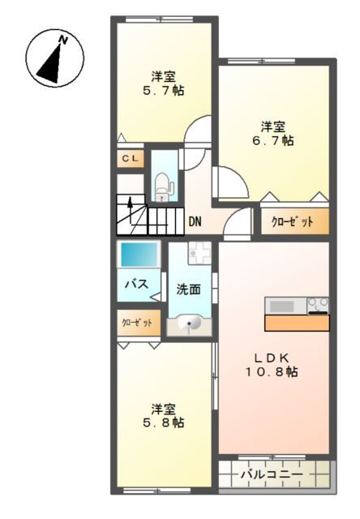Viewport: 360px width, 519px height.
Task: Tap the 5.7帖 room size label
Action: (164, 91)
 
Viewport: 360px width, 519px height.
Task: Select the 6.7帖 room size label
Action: (272, 140)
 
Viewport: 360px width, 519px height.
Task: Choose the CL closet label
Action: (130, 159)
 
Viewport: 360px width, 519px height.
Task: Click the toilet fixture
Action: (163, 186)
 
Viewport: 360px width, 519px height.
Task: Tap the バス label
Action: (135, 284)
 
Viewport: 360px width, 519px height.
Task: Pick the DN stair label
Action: (195, 221)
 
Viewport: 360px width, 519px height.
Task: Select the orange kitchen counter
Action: (297, 323)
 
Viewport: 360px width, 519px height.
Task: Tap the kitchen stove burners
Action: (317, 305)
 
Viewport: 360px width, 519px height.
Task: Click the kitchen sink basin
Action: (282, 306)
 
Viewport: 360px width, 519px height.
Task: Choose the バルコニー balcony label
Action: (272, 473)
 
